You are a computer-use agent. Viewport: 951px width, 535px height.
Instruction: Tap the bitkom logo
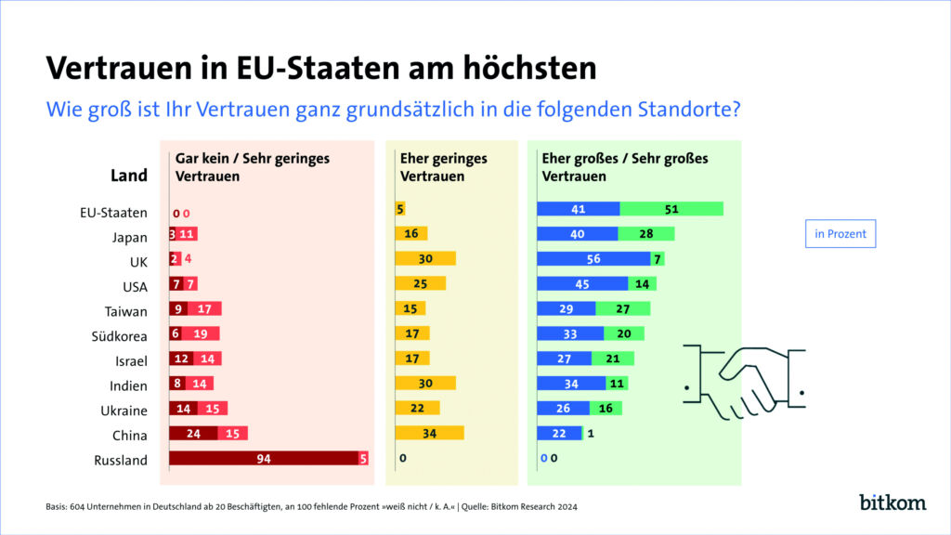(892, 502)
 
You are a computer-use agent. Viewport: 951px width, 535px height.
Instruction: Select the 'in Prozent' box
(840, 234)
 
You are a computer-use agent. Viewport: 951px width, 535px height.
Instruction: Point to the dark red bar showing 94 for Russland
(263, 458)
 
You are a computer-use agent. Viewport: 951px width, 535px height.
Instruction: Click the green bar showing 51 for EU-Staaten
(671, 209)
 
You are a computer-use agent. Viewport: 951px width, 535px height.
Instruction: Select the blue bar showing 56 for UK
(593, 258)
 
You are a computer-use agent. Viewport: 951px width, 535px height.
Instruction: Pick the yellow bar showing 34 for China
(429, 433)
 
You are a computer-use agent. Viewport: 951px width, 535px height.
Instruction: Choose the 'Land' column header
(129, 176)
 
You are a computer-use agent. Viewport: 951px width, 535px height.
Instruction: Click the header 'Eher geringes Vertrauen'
(443, 167)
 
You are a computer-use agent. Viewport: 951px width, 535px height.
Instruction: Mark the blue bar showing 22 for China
(559, 433)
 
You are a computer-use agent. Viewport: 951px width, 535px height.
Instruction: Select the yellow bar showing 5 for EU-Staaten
(400, 209)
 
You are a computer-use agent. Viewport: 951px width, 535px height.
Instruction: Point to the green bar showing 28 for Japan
(646, 234)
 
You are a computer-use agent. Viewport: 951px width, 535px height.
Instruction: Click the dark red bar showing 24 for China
(193, 433)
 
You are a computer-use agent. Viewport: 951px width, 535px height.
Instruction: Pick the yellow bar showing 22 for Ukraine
(417, 408)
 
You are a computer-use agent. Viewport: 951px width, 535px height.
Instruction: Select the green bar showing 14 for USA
(642, 283)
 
